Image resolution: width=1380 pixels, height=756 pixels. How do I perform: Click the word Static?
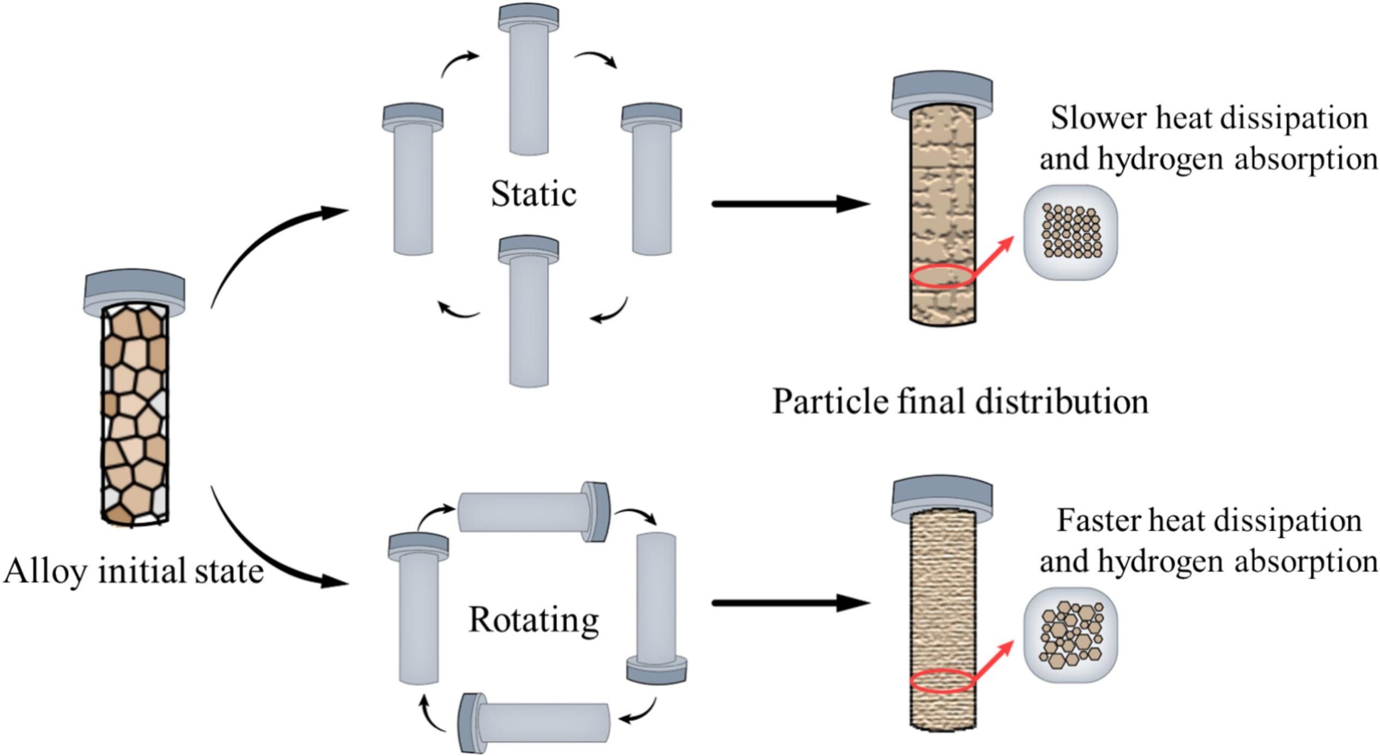[533, 194]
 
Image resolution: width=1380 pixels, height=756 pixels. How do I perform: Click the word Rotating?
[533, 620]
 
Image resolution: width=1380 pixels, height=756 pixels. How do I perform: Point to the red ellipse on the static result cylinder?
[941, 276]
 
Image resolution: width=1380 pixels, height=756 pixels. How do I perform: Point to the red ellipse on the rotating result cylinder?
[941, 681]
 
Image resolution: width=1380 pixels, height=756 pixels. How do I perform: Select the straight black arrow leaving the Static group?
[790, 204]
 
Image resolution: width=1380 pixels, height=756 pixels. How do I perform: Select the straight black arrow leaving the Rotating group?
[790, 603]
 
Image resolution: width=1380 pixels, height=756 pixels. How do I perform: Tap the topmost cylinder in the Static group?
[529, 82]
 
